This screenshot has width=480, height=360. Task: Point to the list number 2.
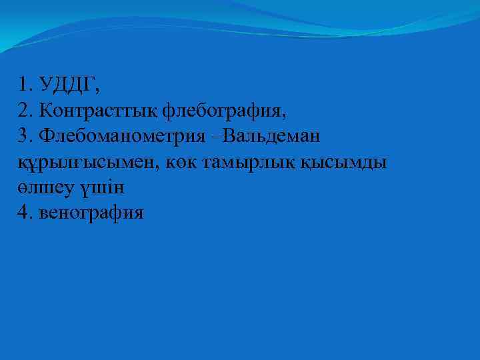tap(24, 110)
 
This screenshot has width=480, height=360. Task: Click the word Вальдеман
tap(270, 136)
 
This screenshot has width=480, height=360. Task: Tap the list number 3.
tap(24, 136)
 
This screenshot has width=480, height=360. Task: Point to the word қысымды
tap(347, 163)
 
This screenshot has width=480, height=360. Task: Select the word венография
tap(92, 215)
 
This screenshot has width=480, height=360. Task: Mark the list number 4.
tap(24, 214)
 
